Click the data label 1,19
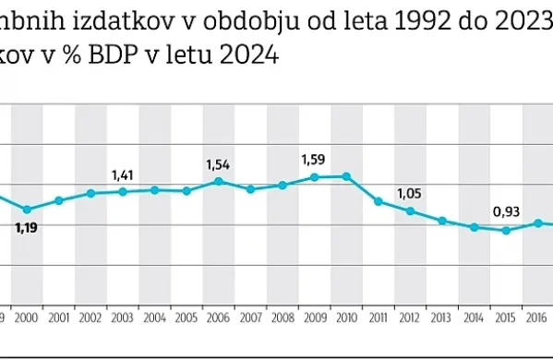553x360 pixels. click(x=27, y=226)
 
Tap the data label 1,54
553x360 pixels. click(x=218, y=164)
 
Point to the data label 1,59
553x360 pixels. click(x=314, y=160)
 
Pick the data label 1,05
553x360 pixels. click(x=409, y=193)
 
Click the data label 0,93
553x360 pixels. click(x=505, y=211)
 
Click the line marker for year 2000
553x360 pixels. click(x=27, y=210)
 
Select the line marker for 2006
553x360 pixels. click(x=218, y=181)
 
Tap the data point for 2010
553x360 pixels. click(x=346, y=175)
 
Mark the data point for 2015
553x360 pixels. click(x=506, y=230)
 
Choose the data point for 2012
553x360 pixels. click(x=410, y=210)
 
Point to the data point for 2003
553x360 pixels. click(x=123, y=191)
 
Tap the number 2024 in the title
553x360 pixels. click(x=249, y=55)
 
